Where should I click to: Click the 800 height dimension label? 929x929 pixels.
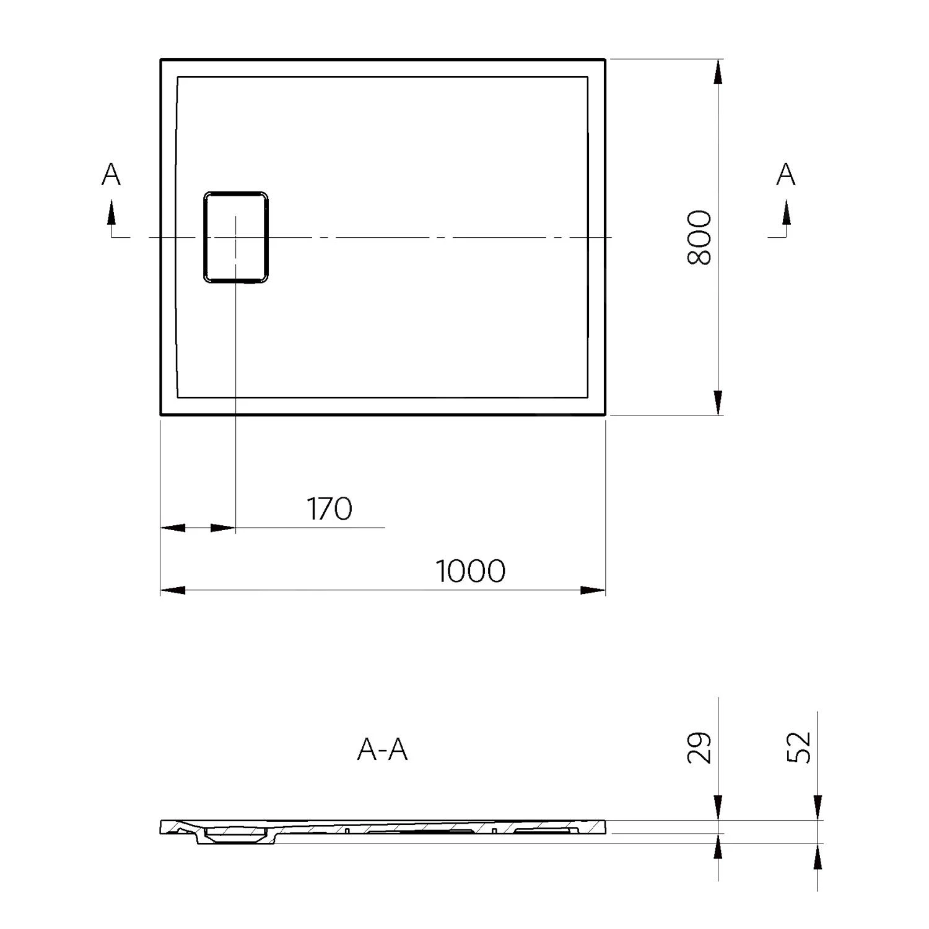(x=700, y=237)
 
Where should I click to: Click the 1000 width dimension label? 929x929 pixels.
(x=471, y=571)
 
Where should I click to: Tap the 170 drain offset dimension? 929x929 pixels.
(x=329, y=508)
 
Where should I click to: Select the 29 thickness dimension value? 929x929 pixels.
(x=700, y=748)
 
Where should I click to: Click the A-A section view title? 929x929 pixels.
(x=382, y=750)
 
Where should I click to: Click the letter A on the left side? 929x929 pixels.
(x=111, y=175)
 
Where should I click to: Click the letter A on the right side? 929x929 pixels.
(x=785, y=175)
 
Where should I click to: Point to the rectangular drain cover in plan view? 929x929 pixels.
(x=236, y=237)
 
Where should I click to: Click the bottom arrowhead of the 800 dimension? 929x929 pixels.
(x=718, y=403)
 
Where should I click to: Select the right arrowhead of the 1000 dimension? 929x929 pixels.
(x=593, y=590)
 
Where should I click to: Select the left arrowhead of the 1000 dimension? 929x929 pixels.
(x=173, y=590)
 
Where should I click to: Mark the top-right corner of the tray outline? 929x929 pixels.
(x=604, y=60)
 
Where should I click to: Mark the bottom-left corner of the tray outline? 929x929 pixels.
(x=162, y=414)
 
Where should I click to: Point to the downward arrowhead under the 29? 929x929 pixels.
(x=718, y=808)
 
